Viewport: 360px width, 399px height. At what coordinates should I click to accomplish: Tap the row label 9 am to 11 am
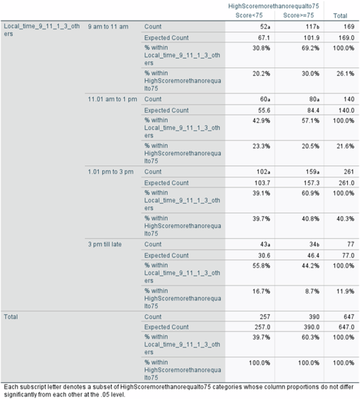(108, 26)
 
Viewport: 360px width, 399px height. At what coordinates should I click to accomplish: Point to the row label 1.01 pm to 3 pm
(110, 172)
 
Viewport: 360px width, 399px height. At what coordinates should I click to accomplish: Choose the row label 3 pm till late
(105, 244)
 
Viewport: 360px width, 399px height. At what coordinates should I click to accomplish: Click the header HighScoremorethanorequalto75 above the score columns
(273, 6)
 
